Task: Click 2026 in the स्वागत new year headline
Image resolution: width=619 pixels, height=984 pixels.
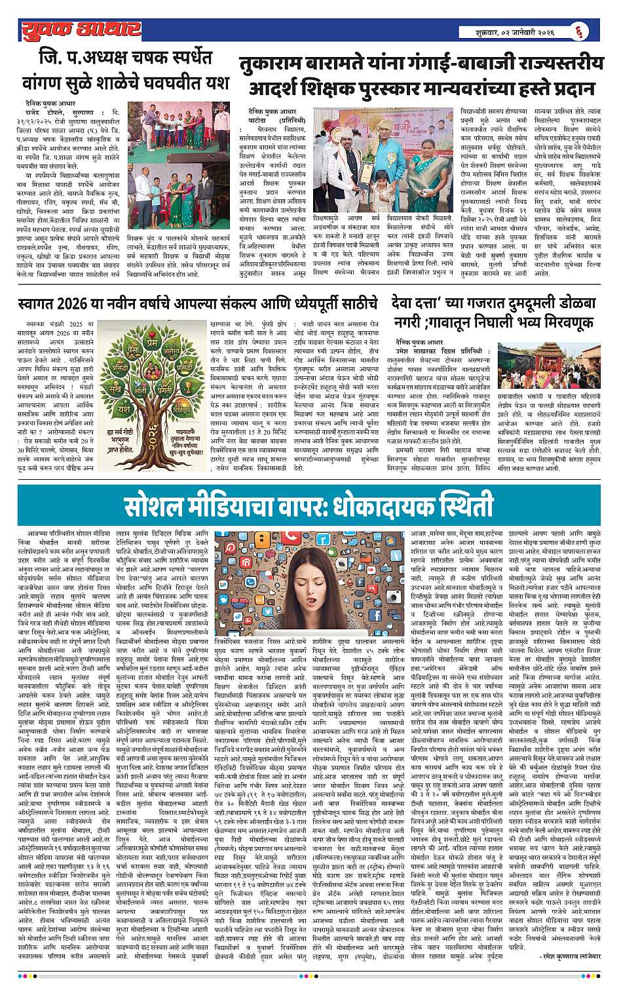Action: click(76, 304)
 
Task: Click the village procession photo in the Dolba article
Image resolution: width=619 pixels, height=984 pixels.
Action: click(554, 370)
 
